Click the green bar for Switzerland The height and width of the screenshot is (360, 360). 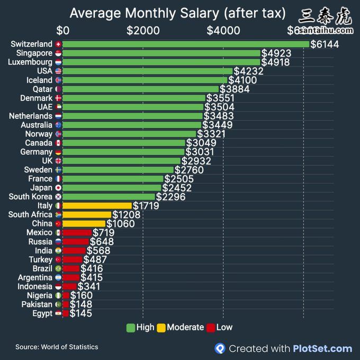click(185, 44)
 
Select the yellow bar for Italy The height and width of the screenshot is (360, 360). click(97, 205)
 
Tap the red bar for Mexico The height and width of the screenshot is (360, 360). click(77, 232)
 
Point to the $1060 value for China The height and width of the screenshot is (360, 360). click(120, 223)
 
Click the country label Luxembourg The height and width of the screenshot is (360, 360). click(30, 62)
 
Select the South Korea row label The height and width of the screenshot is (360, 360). click(31, 196)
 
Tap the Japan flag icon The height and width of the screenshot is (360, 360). click(58, 188)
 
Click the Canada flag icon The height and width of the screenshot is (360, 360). click(58, 143)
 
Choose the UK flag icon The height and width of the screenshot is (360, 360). click(58, 161)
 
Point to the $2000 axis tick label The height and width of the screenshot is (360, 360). click(143, 30)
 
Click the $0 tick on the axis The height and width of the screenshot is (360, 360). click(63, 30)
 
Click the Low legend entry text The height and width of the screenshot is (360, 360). click(224, 327)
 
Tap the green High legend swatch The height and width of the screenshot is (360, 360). click(130, 327)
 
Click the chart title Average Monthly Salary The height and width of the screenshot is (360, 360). click(177, 13)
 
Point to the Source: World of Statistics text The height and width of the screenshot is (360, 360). click(57, 347)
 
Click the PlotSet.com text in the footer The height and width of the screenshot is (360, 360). click(322, 348)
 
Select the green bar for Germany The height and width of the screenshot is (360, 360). click(123, 152)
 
